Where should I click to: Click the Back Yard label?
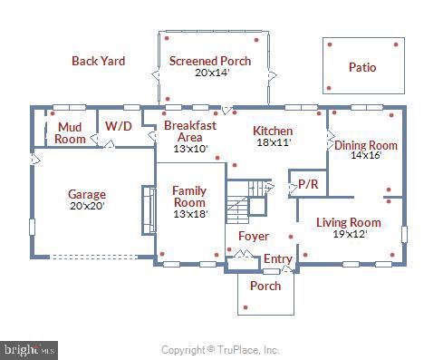click(98, 61)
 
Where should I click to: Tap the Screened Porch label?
click(210, 61)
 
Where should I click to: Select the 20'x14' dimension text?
click(210, 73)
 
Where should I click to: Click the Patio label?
click(362, 67)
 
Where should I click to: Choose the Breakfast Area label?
click(190, 131)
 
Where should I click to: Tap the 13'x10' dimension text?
click(190, 148)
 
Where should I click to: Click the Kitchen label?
click(273, 131)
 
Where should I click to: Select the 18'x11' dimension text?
click(273, 142)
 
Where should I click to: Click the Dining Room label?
click(366, 145)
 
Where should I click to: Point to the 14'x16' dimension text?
click(366, 155)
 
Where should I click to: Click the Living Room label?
click(348, 222)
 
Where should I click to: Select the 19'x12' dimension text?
click(348, 234)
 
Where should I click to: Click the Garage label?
click(87, 194)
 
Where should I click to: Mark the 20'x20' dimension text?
click(87, 206)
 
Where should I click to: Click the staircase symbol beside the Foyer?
click(245, 201)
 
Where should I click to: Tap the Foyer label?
click(253, 236)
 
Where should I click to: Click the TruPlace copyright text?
click(220, 349)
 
